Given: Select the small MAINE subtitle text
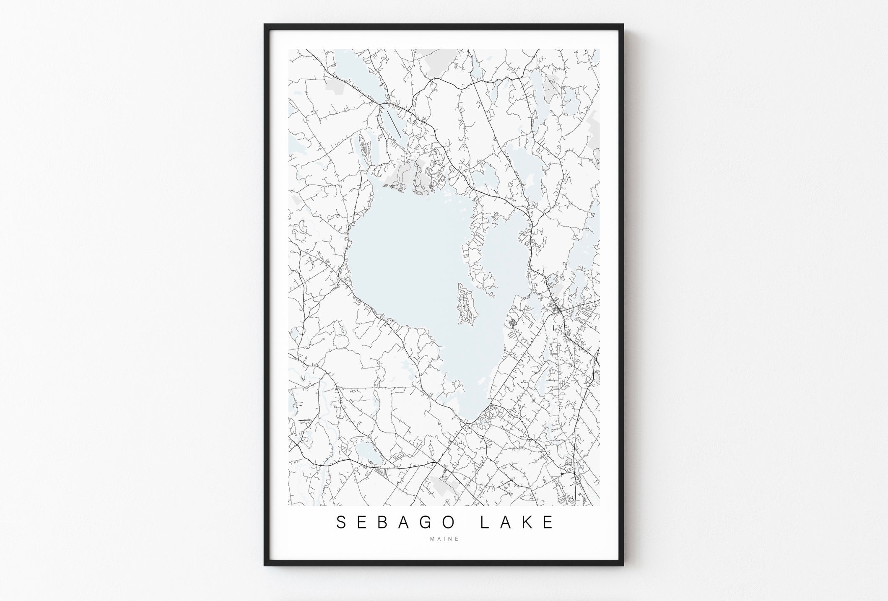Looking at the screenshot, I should coord(444,539).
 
